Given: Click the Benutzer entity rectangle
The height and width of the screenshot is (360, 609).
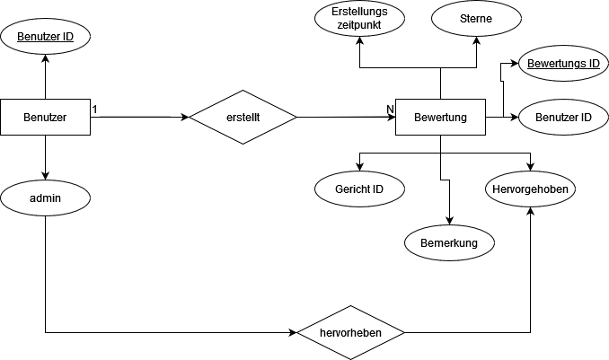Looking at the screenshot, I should [x=45, y=117].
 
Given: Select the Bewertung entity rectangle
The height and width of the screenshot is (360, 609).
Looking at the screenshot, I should [x=440, y=118].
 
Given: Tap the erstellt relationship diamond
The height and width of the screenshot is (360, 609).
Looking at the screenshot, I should [x=243, y=117].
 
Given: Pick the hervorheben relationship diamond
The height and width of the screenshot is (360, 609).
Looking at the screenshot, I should [x=350, y=333].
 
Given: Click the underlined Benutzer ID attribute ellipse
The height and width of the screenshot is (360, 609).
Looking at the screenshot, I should [x=45, y=37].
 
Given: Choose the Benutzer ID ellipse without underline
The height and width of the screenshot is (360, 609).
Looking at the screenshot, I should [x=563, y=118].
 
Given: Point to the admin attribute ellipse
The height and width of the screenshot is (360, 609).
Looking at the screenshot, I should [x=45, y=198].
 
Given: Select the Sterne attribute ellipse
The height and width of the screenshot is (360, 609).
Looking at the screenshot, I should [x=476, y=19].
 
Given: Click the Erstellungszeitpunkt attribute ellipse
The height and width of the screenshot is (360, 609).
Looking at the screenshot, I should [x=359, y=19].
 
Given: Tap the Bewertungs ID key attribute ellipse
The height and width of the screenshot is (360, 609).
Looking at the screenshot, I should [x=563, y=64].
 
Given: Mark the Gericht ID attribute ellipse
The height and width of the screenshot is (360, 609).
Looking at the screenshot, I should [x=359, y=189].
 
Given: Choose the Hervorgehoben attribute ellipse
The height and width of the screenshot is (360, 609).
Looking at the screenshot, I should [x=531, y=189].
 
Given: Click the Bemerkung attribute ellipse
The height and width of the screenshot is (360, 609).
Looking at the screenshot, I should [x=449, y=243].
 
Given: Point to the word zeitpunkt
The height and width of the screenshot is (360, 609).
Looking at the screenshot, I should [x=359, y=26].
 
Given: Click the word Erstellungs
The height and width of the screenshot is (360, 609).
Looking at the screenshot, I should [x=359, y=13].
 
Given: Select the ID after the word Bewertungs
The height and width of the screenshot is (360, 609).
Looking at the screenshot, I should [x=593, y=64].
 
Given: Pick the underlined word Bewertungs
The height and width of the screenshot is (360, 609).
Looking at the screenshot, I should [x=555, y=64].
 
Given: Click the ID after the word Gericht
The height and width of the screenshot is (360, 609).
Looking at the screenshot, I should [x=377, y=189].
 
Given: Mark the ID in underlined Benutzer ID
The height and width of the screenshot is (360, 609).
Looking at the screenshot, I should [x=67, y=37].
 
